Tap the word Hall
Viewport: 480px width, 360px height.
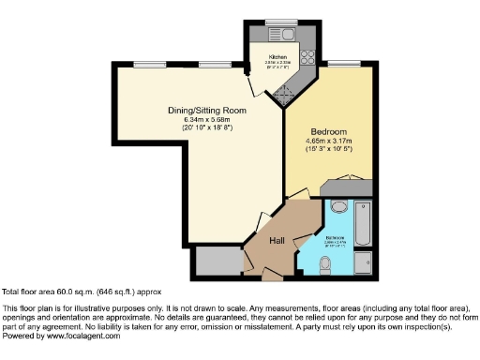click(278, 242)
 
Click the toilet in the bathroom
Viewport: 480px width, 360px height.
click(339, 207)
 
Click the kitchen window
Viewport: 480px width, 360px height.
click(280, 21)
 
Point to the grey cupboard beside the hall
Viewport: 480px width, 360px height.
click(217, 262)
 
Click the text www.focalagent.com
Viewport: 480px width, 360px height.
click(82, 335)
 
